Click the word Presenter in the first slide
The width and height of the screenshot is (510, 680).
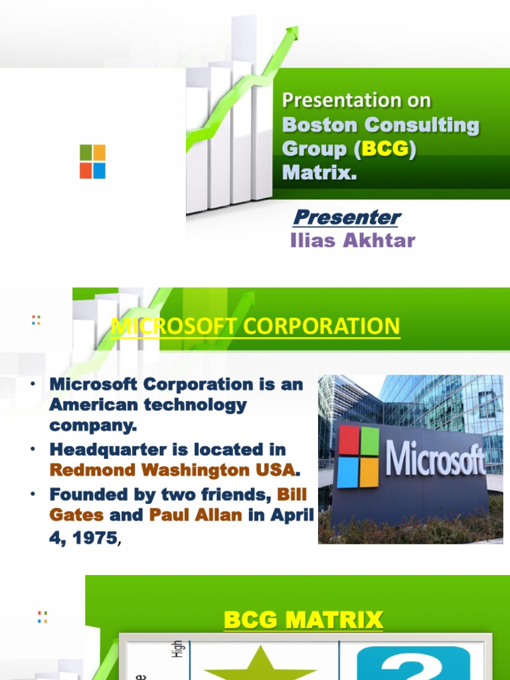pos(347,217)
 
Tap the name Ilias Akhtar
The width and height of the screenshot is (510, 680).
pos(353,240)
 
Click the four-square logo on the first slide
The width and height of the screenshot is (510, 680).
pos(92,162)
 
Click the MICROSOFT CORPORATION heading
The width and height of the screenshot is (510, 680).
pos(255,326)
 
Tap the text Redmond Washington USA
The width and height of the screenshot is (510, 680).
pos(172,470)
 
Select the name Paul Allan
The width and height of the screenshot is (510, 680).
pos(195,515)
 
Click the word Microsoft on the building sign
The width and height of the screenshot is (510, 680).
pos(435,458)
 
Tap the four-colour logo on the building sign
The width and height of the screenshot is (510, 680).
pos(358,457)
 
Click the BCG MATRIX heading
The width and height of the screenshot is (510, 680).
pos(303,620)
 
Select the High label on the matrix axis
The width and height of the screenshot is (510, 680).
pos(177,649)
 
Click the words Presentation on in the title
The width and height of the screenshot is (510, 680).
pos(356,101)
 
